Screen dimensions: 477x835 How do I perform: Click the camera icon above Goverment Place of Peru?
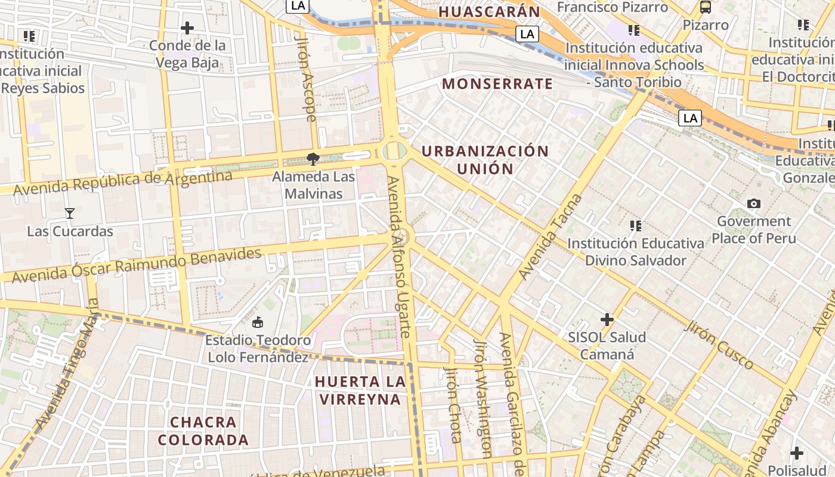754,204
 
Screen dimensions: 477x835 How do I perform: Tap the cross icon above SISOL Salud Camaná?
607,320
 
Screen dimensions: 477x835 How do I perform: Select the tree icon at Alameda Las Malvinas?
313,159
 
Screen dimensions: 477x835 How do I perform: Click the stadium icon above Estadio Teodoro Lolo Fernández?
258,323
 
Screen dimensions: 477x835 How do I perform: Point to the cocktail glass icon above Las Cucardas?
70,213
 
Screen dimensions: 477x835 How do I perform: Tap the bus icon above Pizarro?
706,7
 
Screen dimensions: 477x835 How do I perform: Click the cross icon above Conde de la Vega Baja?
187,28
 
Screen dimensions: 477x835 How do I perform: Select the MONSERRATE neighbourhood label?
497,83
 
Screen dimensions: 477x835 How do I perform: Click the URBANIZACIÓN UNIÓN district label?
485,160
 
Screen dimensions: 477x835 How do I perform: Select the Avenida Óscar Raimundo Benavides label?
137,265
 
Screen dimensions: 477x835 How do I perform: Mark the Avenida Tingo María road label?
66,364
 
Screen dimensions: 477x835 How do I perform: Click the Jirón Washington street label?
483,398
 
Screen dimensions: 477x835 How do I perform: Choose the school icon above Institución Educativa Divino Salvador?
636,226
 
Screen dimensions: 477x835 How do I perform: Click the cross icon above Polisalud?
796,453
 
